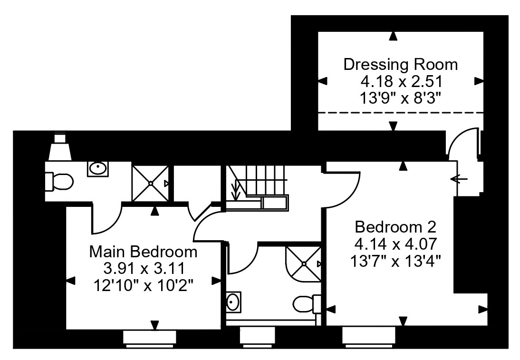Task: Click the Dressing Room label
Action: [x=401, y=64]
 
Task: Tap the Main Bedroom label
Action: [x=143, y=252]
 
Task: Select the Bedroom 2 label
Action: [x=395, y=227]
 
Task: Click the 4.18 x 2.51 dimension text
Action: [x=401, y=81]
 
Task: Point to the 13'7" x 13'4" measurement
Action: [x=395, y=261]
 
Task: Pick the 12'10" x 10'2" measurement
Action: [x=143, y=285]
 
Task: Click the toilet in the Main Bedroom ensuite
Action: [x=58, y=182]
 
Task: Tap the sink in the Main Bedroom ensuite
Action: [x=98, y=168]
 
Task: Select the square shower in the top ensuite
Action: [x=150, y=183]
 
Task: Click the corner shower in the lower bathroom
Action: [x=303, y=264]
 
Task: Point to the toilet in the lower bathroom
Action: [x=307, y=303]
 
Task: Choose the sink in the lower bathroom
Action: [x=233, y=302]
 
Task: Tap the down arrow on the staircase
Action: [x=236, y=189]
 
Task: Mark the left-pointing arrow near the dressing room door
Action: [x=459, y=179]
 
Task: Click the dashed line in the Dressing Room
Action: [x=401, y=113]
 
